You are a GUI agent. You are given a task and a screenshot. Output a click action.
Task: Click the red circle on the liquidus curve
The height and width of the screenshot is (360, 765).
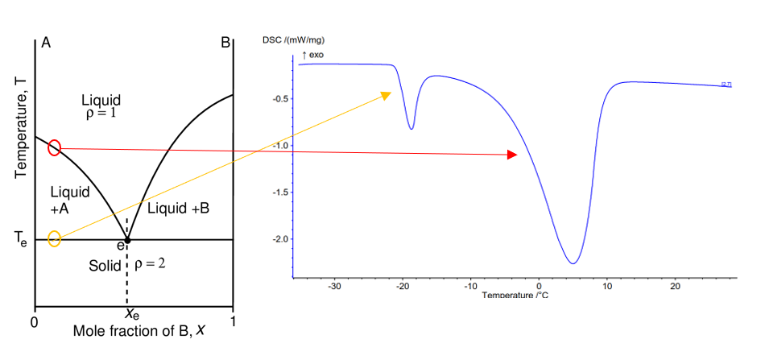pos(54,147)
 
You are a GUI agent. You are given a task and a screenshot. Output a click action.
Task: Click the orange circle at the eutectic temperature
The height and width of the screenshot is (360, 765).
pos(54,238)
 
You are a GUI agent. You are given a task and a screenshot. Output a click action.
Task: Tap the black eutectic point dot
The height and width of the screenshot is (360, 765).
pos(127,240)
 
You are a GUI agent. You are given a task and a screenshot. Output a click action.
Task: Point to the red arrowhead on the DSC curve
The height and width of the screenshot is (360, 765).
pos(511,155)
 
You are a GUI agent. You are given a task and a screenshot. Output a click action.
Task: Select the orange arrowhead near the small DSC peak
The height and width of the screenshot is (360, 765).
pos(385,96)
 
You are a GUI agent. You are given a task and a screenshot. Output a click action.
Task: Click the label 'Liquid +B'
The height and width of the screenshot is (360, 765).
pos(177,208)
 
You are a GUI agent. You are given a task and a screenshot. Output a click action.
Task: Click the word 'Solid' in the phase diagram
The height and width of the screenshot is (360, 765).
pos(105,265)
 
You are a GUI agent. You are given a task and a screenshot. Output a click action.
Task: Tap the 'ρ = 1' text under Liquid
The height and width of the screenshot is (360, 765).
pos(102,114)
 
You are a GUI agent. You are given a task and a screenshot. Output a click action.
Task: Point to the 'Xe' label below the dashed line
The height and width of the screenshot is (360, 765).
pos(132,315)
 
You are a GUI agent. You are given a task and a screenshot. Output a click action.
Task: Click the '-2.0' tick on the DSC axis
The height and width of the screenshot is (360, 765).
pos(279,239)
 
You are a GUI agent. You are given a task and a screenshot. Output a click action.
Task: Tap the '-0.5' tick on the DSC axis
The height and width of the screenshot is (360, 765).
pos(279,99)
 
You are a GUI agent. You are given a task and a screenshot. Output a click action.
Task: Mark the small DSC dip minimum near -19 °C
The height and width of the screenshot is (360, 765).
pos(411,128)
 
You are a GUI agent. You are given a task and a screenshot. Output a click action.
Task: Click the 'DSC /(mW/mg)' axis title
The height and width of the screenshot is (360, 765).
pos(293,39)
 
